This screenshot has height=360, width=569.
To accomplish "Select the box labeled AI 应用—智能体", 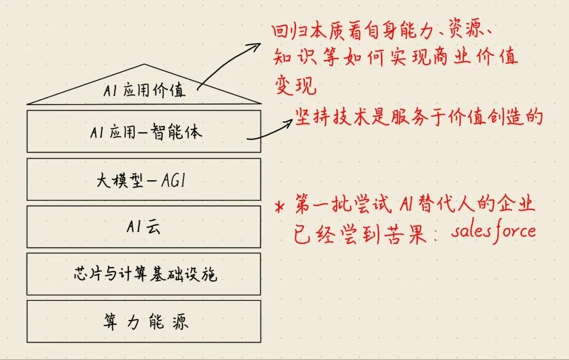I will tap(143, 131).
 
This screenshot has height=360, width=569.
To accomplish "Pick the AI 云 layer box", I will tap(143, 227).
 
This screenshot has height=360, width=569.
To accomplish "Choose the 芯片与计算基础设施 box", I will tap(143, 274).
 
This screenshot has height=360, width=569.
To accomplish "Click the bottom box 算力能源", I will tap(143, 321).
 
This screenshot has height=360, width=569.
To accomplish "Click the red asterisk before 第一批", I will tap(279, 207).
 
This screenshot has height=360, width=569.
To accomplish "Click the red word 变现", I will tap(295, 85).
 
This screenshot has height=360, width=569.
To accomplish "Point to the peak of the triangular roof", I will tap(143, 64).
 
